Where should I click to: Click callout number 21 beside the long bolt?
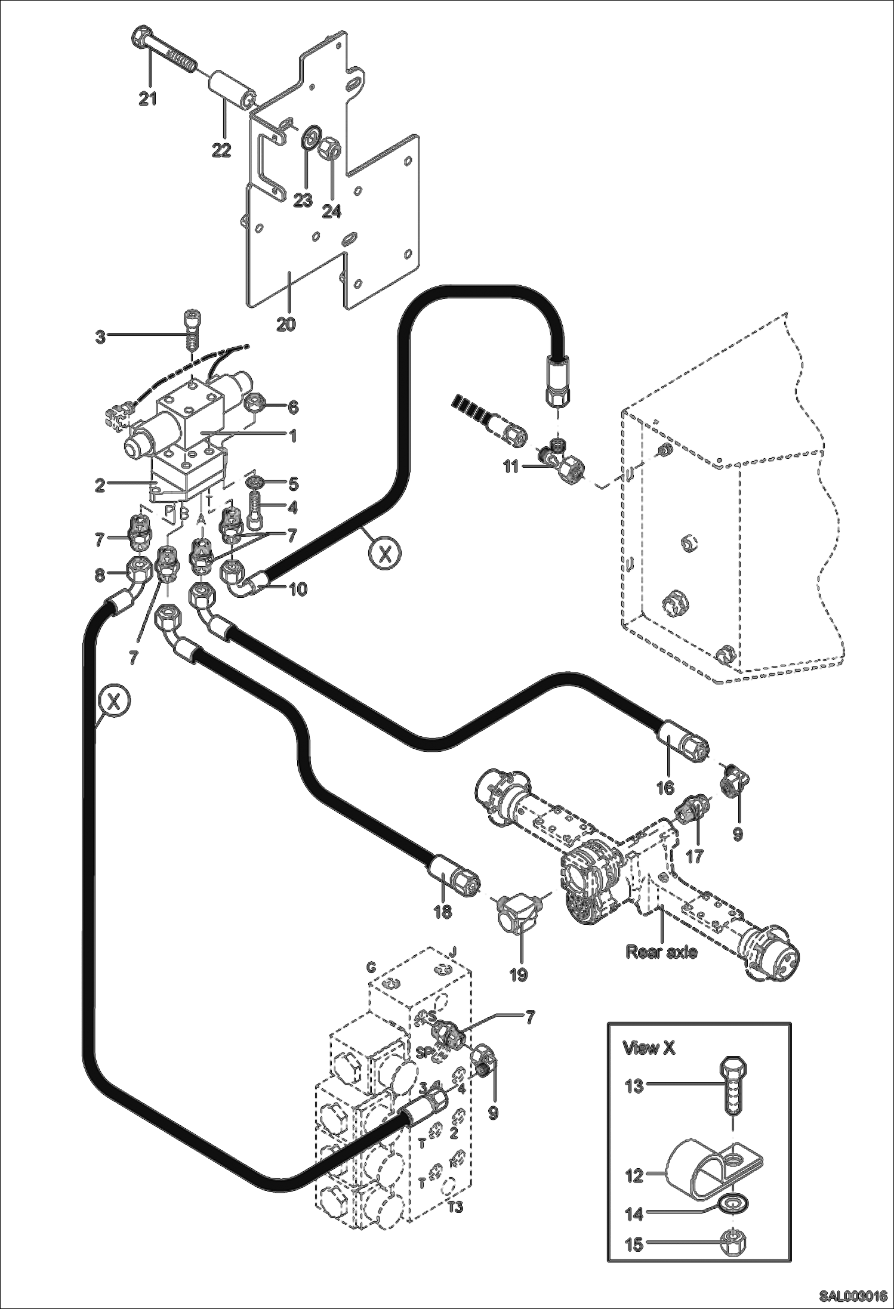147,98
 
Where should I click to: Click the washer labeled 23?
309,136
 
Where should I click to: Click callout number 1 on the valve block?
292,436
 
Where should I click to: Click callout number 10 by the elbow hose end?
298,589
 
